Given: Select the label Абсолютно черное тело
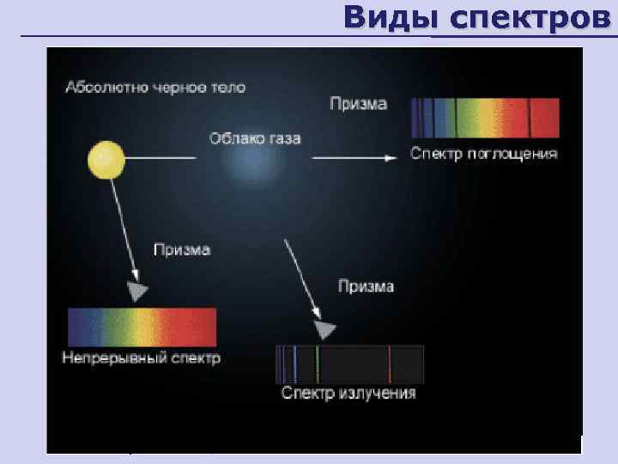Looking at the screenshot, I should [154, 88].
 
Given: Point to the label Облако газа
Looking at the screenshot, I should [254, 138].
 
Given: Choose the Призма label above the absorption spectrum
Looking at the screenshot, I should [359, 104].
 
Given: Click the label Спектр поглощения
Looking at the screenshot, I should [484, 155].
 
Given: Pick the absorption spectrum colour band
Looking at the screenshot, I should [485, 119].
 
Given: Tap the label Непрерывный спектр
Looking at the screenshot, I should [142, 357].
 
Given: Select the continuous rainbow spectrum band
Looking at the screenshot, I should [142, 327].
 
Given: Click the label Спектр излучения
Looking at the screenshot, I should [349, 394].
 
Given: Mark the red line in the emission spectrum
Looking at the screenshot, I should [390, 364].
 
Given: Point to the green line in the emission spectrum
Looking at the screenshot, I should [317, 364].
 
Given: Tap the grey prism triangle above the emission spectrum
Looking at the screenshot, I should [324, 329].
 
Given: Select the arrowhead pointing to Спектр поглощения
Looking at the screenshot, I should [391, 157].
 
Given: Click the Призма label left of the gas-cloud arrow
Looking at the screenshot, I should [182, 250].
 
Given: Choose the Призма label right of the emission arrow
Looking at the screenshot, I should [366, 286].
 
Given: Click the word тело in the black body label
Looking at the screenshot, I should [227, 88].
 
